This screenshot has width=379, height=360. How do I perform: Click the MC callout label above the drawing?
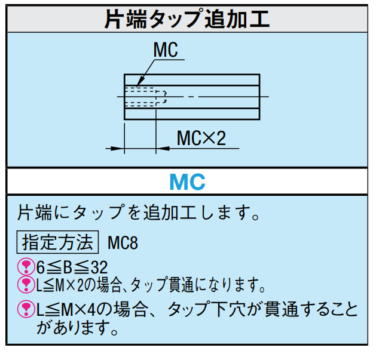coord(166,50)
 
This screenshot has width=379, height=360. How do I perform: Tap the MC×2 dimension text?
coord(202,139)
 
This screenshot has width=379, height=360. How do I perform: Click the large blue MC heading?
coord(187,181)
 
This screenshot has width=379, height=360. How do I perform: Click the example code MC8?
coord(123,243)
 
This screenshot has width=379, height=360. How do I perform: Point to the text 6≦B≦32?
coord(72,267)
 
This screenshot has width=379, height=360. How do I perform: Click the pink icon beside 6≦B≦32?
coord(26,266)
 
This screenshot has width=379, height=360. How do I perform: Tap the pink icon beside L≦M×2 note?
coord(26,284)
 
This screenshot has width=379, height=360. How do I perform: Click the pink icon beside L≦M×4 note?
coord(26,308)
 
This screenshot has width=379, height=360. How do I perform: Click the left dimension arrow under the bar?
coord(117,148)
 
